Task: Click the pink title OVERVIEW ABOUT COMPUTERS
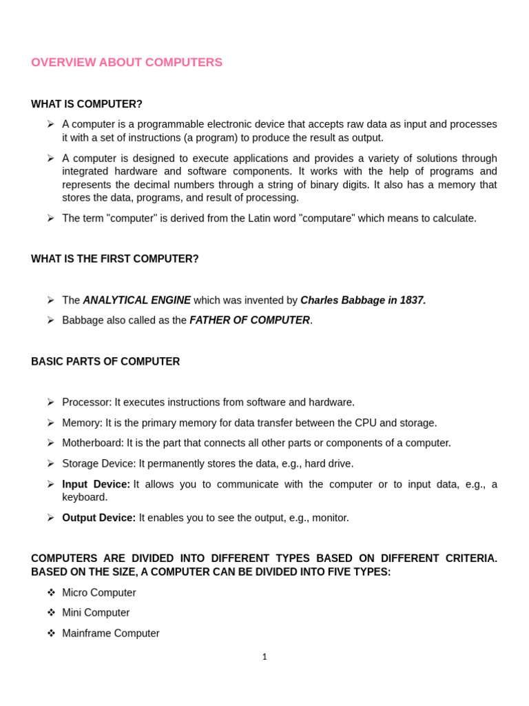127,63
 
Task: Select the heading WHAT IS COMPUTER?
87,104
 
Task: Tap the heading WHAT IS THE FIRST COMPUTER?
115,259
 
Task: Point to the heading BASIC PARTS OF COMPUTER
105,362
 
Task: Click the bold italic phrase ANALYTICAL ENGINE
137,301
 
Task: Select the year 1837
413,301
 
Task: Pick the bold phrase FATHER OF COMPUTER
249,321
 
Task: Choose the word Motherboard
93,443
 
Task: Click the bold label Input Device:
96,485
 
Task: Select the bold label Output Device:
99,518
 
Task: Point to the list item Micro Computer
99,593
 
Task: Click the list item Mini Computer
96,613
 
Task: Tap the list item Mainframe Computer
111,634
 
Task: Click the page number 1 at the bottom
264,657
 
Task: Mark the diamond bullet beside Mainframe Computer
51,634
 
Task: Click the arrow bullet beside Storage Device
51,464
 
